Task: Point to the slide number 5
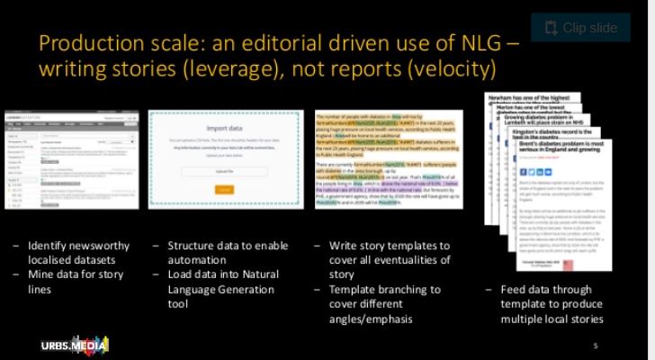pyautogui.click(x=595, y=346)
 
